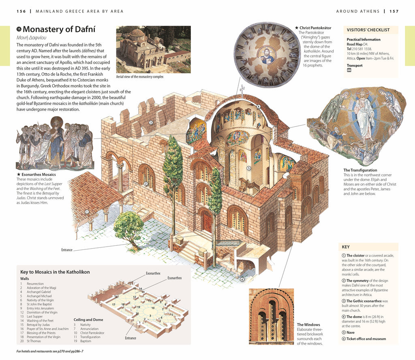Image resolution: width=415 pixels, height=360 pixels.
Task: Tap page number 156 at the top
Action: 21,11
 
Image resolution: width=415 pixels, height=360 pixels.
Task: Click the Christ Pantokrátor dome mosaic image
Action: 266,55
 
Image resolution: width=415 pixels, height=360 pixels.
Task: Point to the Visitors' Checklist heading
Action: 368,30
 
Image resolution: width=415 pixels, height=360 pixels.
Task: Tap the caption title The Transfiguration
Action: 360,170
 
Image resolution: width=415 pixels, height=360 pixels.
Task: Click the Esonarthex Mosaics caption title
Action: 38,175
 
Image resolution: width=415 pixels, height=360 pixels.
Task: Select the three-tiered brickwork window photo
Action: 271,317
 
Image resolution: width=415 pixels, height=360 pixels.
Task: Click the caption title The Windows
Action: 308,325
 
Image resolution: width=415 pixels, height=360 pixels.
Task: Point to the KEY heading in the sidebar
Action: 346,247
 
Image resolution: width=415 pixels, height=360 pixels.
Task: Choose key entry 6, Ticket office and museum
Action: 366,339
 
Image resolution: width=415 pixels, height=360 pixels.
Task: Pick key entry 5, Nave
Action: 351,332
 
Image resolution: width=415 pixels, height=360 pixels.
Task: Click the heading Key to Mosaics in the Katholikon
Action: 55,272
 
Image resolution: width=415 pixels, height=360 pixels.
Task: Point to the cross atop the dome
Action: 242,89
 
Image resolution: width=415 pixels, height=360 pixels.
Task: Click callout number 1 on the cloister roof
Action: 86,212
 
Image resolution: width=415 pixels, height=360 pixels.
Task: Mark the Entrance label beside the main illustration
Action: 67,250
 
